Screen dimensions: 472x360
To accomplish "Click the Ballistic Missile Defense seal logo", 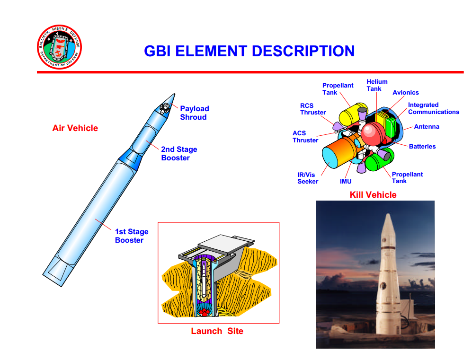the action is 59,47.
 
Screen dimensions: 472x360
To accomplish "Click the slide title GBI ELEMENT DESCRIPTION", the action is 249,51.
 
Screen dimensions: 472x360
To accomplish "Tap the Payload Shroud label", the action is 194,113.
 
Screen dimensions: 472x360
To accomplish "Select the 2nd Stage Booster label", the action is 178,154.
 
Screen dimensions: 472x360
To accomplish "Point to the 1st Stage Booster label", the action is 132,236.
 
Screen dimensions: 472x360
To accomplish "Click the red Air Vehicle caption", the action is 75,128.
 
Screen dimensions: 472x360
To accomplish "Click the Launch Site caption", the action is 217,331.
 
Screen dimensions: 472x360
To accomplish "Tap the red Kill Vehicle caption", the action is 373,195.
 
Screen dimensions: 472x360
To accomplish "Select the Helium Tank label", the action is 377,85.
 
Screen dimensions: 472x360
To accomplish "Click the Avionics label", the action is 405,93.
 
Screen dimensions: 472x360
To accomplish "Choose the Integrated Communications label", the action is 433,108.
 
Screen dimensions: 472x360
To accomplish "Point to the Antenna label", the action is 427,127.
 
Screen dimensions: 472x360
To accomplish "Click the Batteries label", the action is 422,147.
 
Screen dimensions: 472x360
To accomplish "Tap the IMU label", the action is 346,182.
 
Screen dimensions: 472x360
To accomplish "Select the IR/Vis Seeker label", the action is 308,178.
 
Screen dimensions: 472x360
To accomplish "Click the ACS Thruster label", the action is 305,137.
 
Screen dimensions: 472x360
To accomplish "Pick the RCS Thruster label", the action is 312,109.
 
